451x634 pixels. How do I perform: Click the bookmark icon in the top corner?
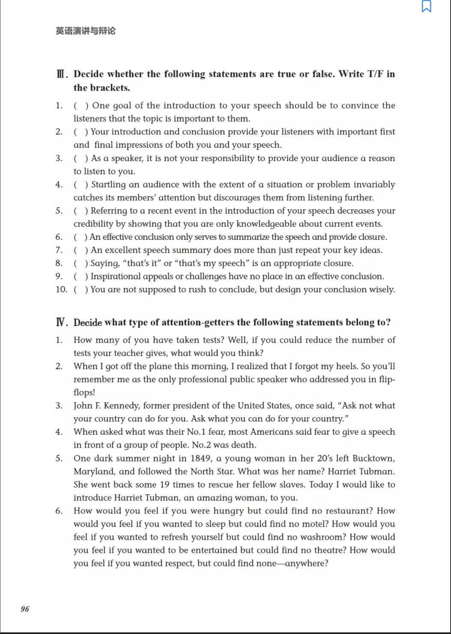[427, 6]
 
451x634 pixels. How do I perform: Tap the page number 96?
[25, 609]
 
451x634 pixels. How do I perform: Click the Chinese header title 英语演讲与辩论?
[86, 31]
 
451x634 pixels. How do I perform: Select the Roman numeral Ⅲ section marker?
[62, 74]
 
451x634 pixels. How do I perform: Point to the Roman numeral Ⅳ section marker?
[62, 322]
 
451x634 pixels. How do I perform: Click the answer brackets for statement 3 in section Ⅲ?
[81, 158]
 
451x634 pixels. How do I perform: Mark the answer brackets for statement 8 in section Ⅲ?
[81, 263]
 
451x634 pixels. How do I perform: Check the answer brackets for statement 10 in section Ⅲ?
[81, 290]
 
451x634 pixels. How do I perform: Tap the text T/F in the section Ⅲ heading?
[375, 74]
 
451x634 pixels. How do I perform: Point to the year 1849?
[200, 458]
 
